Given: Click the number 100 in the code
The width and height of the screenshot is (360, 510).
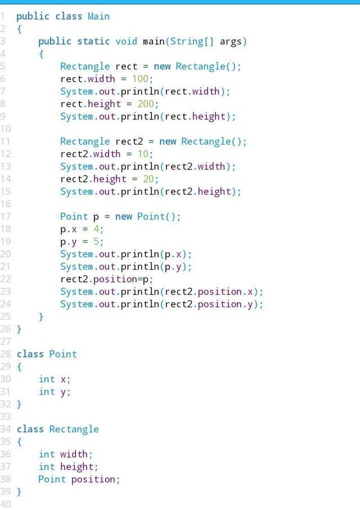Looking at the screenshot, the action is tap(140, 79).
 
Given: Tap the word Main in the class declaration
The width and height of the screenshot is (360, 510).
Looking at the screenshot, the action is tap(98, 16).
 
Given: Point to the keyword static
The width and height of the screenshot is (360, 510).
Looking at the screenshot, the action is tap(93, 41).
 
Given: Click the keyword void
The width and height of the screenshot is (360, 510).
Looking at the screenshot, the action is tap(127, 41).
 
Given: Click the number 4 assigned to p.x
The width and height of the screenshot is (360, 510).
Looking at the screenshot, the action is tap(96, 229).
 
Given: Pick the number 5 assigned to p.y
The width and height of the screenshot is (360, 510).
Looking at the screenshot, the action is tap(96, 241).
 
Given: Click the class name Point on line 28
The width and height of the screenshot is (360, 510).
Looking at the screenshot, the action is tap(63, 354).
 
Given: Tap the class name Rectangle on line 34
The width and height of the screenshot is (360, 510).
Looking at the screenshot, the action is tap(74, 429).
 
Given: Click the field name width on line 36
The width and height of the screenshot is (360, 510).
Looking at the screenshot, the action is tap(74, 454).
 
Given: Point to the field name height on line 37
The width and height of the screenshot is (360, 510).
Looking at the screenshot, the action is tap(76, 467).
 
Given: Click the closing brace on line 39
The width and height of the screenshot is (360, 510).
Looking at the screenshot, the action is tap(19, 491).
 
